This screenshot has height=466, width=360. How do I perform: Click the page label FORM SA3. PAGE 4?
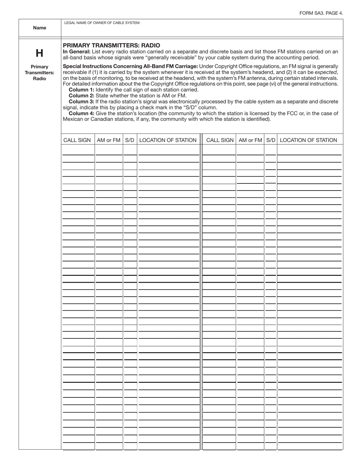[321, 13]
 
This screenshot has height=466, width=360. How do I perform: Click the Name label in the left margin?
[40, 28]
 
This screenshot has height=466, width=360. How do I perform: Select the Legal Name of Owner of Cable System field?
[202, 30]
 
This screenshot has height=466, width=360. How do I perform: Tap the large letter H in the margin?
[39, 53]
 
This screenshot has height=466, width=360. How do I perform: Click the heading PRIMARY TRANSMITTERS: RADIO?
[111, 45]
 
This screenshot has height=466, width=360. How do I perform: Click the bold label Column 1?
[81, 90]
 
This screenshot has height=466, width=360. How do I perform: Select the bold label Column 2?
[81, 95]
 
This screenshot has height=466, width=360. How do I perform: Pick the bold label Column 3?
[81, 102]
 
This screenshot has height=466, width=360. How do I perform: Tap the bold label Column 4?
[81, 113]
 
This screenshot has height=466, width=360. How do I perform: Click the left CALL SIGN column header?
[77, 140]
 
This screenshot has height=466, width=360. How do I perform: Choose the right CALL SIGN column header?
[220, 140]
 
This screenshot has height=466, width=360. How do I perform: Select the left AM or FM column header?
[109, 140]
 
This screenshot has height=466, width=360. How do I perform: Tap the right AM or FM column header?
[250, 140]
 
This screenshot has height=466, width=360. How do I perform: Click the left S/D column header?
[130, 140]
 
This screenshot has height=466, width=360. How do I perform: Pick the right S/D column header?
[271, 140]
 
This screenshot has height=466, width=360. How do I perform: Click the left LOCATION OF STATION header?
[168, 140]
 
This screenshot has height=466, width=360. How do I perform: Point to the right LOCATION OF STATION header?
[308, 140]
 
